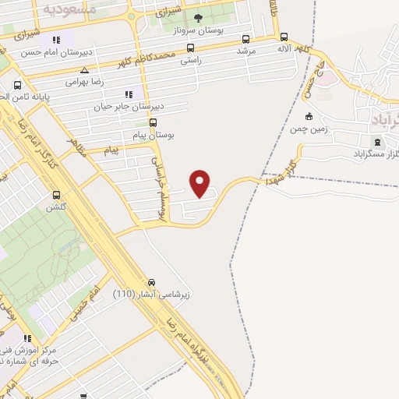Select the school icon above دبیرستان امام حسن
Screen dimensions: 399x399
click(56, 40)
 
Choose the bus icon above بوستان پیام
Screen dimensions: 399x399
click(153, 122)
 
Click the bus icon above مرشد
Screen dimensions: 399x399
click(246, 39)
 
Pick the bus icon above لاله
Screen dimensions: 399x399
click(284, 37)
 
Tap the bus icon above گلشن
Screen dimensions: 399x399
click(55, 195)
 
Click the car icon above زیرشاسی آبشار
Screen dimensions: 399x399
click(152, 283)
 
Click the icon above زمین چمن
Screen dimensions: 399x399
click(309, 117)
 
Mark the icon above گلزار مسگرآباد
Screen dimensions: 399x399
click(379, 142)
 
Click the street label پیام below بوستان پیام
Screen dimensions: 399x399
click(115, 150)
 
